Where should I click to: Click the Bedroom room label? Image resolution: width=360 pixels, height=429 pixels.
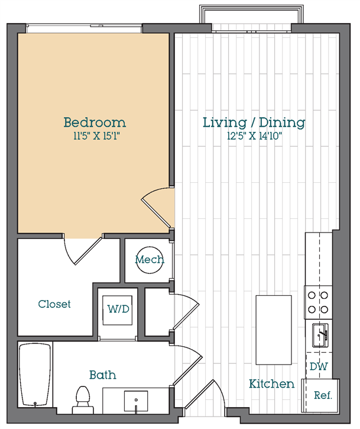point(95,122)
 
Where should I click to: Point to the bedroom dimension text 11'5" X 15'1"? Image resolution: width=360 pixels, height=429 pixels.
point(96,136)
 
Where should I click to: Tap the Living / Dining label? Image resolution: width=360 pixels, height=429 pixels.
point(254,122)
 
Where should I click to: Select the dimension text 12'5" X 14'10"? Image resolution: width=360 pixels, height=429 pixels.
point(254,136)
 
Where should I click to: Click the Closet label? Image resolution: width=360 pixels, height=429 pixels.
point(54,304)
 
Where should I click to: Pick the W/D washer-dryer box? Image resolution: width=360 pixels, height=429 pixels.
point(118,310)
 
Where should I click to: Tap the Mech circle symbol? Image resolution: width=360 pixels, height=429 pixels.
point(150,260)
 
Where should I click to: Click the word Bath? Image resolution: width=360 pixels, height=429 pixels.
point(103,375)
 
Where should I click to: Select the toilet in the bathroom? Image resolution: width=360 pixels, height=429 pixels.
point(83,400)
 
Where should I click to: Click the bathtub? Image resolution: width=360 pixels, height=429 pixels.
point(35,375)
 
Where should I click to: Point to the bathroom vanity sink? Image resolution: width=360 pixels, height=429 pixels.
point(136,401)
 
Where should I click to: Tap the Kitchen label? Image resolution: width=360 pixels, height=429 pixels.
point(271,383)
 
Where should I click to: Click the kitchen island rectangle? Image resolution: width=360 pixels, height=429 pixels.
point(274,330)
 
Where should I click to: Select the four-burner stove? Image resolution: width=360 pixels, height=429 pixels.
point(318,302)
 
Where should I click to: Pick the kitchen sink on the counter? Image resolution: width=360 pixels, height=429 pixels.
point(320,335)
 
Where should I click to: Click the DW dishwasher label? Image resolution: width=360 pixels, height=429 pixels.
point(319,366)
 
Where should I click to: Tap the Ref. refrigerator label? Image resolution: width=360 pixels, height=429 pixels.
point(323,395)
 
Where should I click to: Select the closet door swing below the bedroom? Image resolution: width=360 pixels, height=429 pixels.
point(83,250)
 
